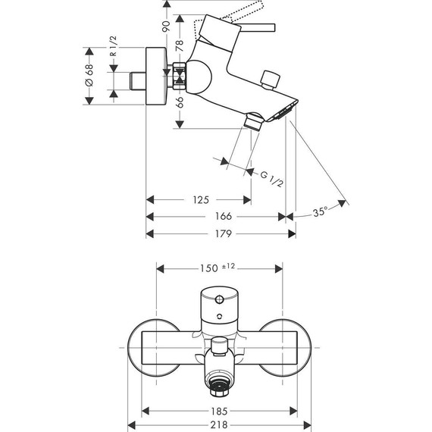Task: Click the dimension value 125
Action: (200, 200)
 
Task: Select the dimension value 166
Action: (224, 217)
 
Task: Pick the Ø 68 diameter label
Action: (90, 77)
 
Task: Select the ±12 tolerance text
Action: (230, 267)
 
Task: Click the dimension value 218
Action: (221, 425)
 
